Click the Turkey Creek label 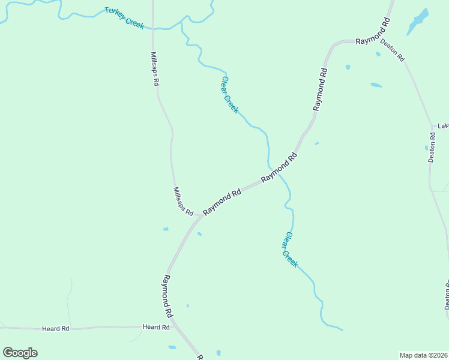click(x=124, y=17)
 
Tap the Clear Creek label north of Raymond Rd click(x=230, y=94)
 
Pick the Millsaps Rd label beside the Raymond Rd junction click(x=183, y=202)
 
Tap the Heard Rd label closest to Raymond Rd click(x=156, y=327)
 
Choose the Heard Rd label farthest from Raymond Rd click(x=56, y=329)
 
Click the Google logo click(x=20, y=353)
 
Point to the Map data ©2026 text click(x=423, y=355)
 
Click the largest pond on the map click(x=418, y=22)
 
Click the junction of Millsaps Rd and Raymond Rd click(x=200, y=216)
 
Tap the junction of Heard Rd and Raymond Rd click(x=175, y=327)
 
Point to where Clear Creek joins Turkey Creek click(x=182, y=22)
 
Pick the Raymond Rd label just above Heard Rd click(x=167, y=296)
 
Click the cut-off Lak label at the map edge click(x=443, y=126)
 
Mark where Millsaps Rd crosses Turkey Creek click(x=153, y=28)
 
